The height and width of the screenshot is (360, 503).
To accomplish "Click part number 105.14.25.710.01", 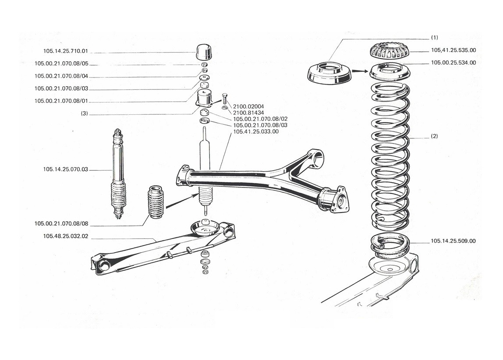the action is tap(65, 51).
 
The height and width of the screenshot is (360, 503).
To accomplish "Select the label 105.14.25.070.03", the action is tap(65, 169).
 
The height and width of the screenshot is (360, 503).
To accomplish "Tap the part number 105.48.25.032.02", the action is tap(65, 236).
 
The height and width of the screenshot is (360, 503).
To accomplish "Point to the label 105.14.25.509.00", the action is tap(453, 241).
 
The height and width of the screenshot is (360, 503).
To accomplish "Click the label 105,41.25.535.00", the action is tap(453, 50).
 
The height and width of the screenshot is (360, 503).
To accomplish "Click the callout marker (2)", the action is tap(434, 136).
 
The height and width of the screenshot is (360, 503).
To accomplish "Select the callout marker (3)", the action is tap(84, 113).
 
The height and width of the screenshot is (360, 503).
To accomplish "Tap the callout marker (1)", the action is tap(434, 38).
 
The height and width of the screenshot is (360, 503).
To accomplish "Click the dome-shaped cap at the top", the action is tap(204, 52).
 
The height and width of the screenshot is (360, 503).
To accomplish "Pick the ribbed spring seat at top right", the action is tap(390, 51).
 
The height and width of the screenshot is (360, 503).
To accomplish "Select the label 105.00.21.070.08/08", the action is tap(61, 224).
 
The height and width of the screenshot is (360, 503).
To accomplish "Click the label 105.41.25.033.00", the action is tap(256, 132).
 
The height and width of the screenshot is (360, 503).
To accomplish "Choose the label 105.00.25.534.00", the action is tap(453, 63).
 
